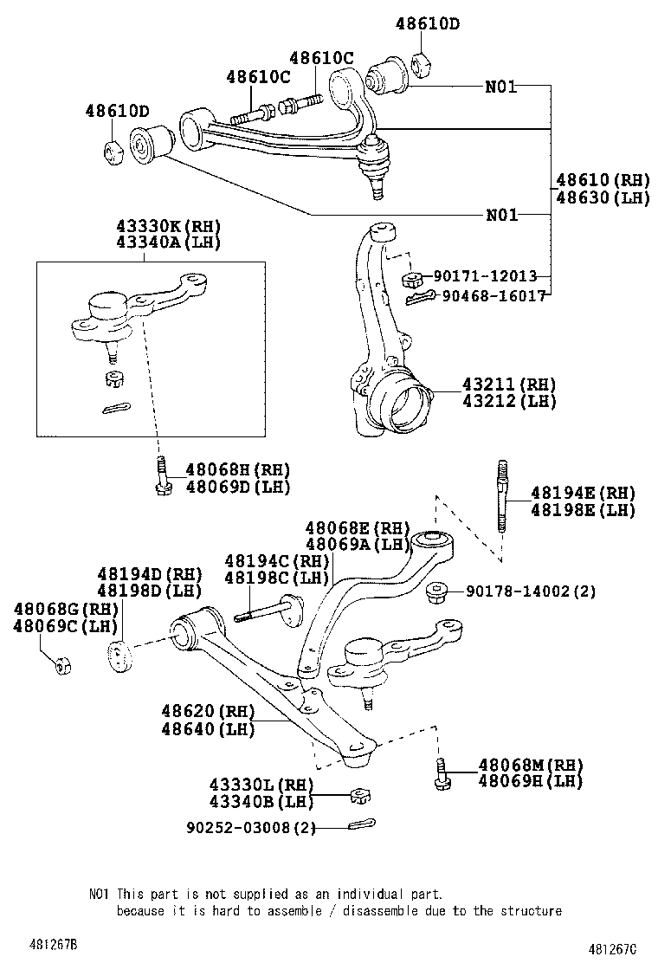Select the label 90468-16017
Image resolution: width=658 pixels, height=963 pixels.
point(493,295)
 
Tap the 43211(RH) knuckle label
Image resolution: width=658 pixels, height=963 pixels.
point(509,385)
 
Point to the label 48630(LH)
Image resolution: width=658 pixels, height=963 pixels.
point(602,197)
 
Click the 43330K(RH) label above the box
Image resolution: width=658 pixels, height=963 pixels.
point(168,225)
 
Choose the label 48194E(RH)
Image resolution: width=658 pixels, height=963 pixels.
point(583,493)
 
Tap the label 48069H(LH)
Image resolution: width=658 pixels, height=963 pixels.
point(531,781)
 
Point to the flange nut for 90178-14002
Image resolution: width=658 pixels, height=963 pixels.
point(438,592)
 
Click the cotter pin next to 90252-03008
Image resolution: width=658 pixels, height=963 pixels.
point(361,824)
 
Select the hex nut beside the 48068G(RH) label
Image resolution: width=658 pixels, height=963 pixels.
point(62,665)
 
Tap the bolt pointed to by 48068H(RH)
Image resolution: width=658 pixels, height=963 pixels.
point(162,476)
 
